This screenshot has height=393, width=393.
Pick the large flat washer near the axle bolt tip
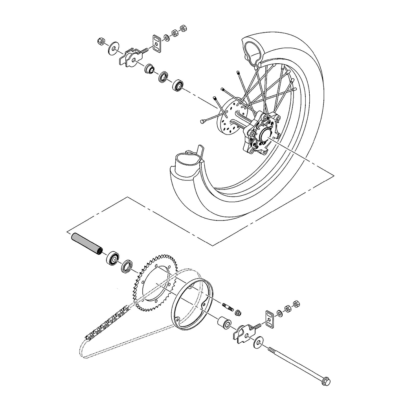[259, 342]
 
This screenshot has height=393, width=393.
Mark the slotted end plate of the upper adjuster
[156, 44]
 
